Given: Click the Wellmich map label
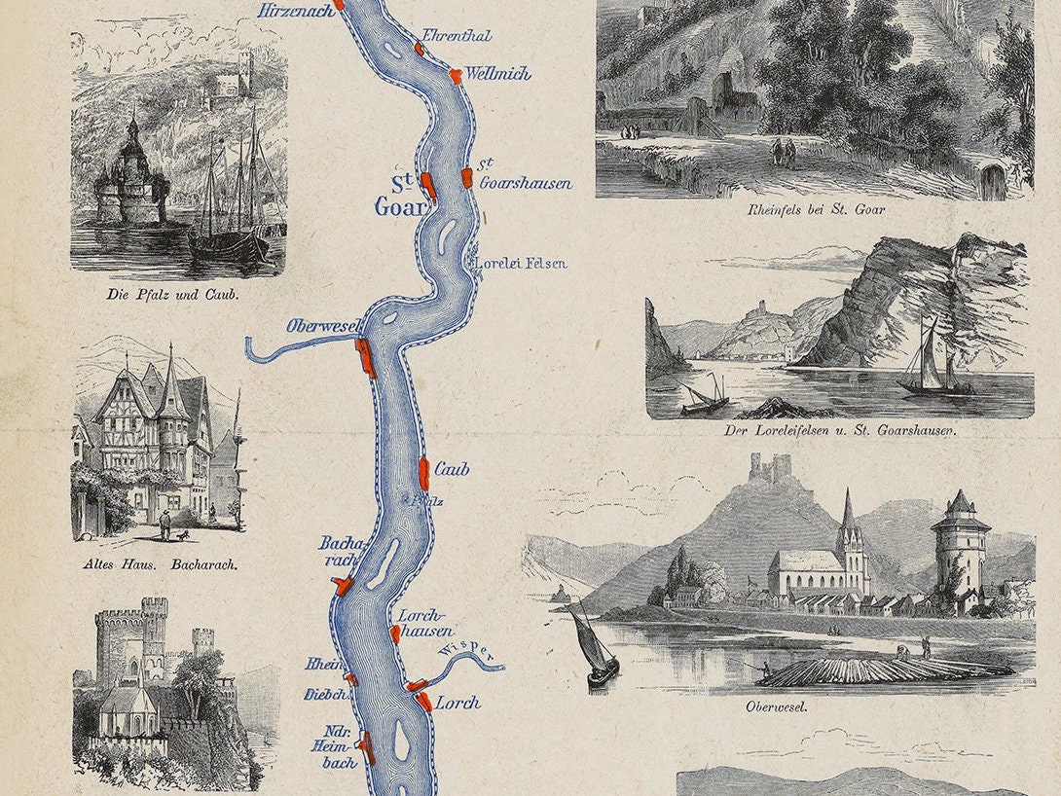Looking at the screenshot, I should (x=497, y=73).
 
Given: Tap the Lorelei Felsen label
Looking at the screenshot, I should (x=521, y=263).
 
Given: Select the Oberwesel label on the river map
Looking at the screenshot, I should (x=322, y=326).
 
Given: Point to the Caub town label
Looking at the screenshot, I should (x=452, y=470).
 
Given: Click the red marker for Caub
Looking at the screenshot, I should (x=424, y=473).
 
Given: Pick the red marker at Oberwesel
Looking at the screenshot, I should (x=366, y=357).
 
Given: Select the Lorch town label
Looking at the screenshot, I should (x=457, y=703).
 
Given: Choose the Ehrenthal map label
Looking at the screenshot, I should (x=457, y=36).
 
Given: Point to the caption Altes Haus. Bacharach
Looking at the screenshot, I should (x=161, y=563).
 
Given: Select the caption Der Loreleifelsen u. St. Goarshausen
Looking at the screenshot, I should (x=838, y=429).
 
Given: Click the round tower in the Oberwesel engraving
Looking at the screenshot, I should (x=960, y=550).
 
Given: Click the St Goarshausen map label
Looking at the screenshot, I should (x=524, y=174).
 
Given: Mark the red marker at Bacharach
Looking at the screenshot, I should (x=343, y=584).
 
